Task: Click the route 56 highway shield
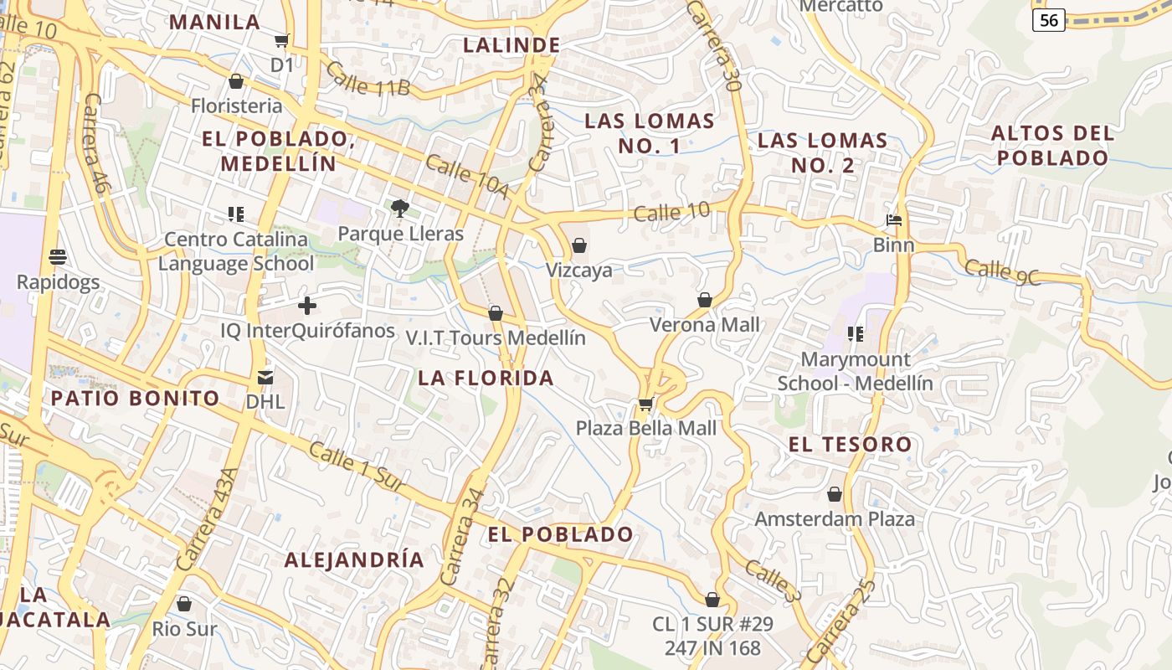pos(1048,20)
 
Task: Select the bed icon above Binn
pos(894,221)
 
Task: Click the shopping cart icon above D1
pos(282,40)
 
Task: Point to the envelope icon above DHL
pos(265,378)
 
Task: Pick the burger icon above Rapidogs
pos(58,256)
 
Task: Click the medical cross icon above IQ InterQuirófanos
pos(307,306)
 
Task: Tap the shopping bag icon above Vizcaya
pos(578,246)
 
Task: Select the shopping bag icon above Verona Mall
pos(705,300)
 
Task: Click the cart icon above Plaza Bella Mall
pos(645,405)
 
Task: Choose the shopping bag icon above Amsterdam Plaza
pos(835,495)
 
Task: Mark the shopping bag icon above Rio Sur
pos(184,604)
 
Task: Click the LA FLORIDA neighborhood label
pos(486,378)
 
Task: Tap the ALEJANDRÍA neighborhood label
pos(354,560)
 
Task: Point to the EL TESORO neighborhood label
pos(850,444)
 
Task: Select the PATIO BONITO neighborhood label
pos(136,398)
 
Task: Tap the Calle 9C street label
pos(1003,272)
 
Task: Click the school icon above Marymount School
pos(855,335)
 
